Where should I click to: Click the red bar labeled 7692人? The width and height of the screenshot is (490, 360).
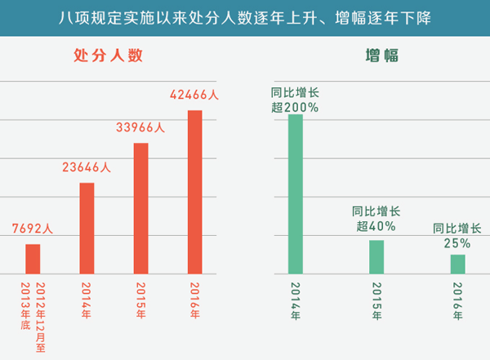[33, 259]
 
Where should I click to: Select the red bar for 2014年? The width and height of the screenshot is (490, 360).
[87, 228]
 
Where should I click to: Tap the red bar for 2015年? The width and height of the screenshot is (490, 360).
[140, 208]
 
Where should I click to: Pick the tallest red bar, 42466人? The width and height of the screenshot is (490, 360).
[194, 191]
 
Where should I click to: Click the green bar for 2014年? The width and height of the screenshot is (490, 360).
[295, 193]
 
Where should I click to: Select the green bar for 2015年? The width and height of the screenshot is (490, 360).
[376, 256]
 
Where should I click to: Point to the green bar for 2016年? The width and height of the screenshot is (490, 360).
[457, 264]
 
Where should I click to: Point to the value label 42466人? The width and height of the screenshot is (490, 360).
[194, 95]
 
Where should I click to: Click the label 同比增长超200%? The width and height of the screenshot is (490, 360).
[295, 99]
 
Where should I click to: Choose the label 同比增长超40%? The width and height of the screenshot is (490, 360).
[376, 218]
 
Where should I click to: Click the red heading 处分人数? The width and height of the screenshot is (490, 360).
[108, 56]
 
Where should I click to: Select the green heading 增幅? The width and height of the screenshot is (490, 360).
[376, 56]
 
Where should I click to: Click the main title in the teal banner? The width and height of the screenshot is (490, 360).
[245, 16]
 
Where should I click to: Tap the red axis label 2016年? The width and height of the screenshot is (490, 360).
[194, 298]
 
